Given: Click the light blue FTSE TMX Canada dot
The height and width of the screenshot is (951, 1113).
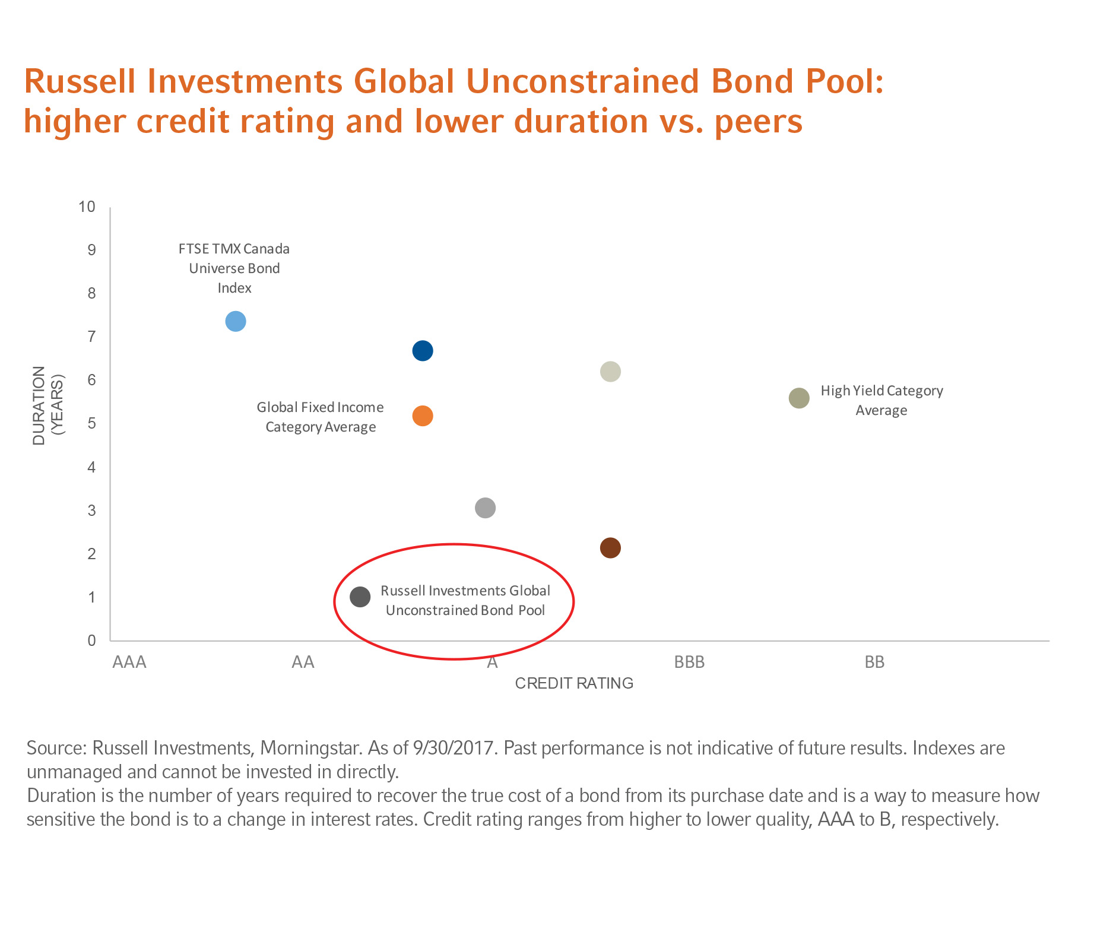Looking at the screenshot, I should tap(236, 321).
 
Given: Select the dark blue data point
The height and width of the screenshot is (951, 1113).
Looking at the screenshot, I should tap(422, 351).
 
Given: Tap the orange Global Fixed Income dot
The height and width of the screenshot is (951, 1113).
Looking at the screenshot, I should tap(422, 416).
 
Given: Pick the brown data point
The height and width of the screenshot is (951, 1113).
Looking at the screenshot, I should tap(610, 548).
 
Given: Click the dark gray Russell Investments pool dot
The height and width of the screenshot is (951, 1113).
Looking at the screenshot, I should tap(360, 597).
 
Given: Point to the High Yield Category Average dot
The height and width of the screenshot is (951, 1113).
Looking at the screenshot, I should tap(799, 398).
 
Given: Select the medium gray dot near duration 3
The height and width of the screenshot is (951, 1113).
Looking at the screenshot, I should tap(485, 508).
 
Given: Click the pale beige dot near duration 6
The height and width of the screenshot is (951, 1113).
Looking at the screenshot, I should tap(610, 372).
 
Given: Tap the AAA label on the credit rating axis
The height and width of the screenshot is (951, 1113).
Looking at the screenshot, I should tap(129, 662).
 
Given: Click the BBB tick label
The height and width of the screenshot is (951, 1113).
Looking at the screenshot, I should tap(689, 662).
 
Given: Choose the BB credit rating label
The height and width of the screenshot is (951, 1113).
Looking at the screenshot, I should tap(874, 662).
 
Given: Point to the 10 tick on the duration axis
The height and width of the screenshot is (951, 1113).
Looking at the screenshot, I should tap(87, 207).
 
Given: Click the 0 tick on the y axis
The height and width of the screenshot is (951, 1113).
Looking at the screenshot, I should tap(91, 641).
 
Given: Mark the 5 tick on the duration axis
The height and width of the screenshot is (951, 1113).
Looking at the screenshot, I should tap(91, 423).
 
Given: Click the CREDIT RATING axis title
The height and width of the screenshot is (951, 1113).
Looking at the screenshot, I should tap(574, 683).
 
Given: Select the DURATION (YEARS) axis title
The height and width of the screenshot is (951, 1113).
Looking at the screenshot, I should tap(47, 405).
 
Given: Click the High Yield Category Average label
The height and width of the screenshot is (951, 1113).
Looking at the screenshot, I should tap(881, 400).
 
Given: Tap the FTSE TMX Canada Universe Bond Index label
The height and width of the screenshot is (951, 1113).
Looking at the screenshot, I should tap(234, 268).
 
